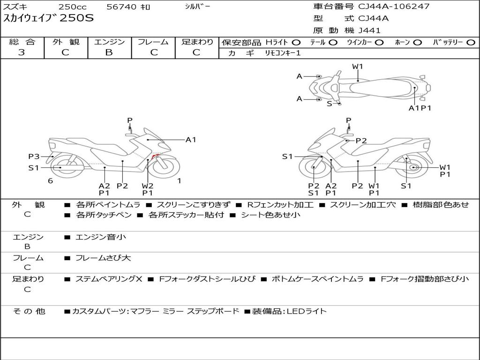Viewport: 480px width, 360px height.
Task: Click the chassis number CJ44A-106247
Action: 394,7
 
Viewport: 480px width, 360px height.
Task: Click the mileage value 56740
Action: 122,7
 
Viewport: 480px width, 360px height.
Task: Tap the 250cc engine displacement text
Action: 72,7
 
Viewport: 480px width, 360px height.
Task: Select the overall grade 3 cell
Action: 22,52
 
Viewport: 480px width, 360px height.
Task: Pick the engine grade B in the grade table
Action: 109,52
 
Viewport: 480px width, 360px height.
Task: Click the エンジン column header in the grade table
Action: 109,42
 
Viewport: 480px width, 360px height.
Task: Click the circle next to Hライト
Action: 296,43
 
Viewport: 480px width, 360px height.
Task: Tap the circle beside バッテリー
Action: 471,43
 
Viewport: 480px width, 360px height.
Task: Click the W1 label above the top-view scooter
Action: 358,67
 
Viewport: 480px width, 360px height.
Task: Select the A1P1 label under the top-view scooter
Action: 420,108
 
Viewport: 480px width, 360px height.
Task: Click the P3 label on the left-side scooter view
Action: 34,157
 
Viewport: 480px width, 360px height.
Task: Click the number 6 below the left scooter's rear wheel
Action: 50,181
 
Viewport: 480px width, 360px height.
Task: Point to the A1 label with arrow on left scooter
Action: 191,139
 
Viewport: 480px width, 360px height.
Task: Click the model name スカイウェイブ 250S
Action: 49,19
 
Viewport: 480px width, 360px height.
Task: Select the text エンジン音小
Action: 100,237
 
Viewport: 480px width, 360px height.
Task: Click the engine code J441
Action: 369,30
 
